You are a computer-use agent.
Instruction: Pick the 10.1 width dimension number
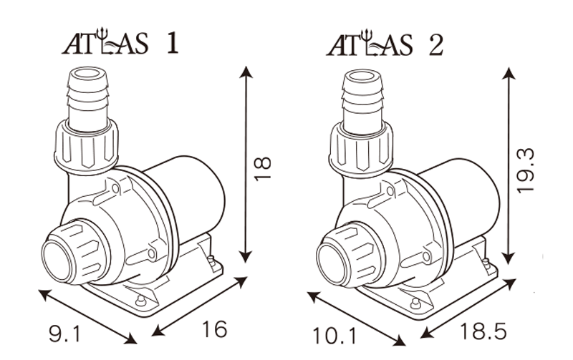[334, 334]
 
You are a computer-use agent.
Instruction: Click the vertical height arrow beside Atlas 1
[246, 165]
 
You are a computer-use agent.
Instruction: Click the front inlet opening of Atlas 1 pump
[58, 256]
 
